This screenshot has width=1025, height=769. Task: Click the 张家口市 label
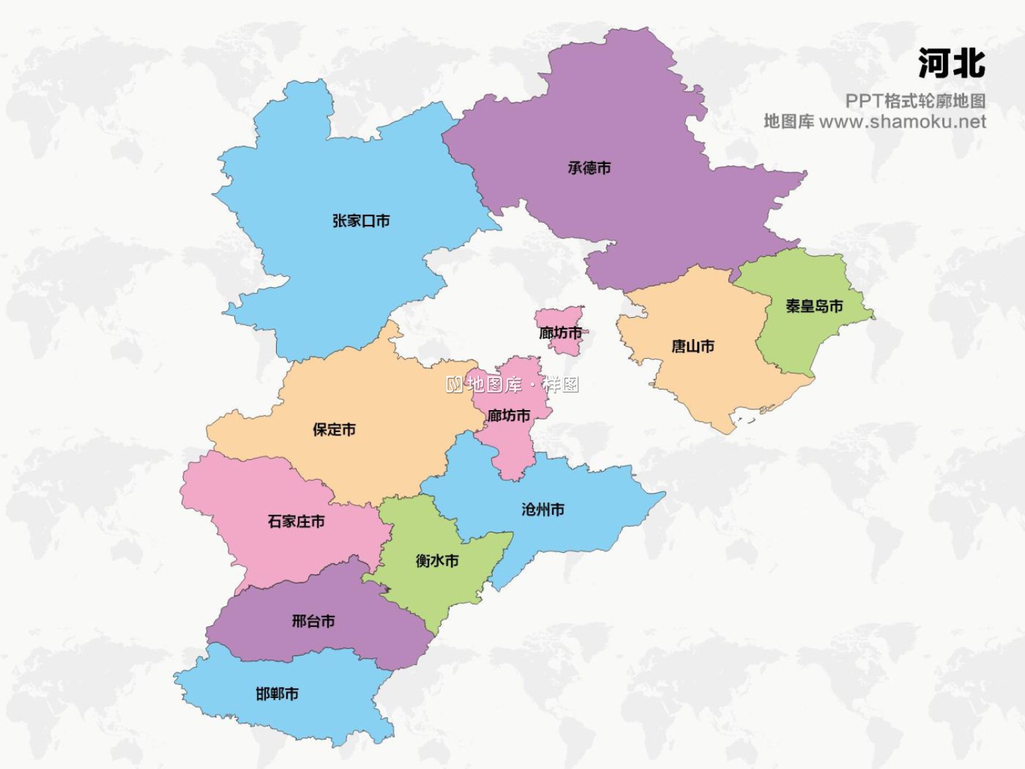pos(361,221)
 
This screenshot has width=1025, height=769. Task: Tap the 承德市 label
pos(589,167)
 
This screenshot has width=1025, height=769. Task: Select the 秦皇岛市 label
pos(814,306)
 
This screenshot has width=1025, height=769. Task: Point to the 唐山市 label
pos(693,347)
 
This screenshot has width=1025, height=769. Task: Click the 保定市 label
pos(334,429)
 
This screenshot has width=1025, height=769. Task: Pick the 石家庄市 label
pos(296,522)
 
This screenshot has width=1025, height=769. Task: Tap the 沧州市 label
pos(543,509)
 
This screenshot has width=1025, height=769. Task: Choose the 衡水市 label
pos(437,561)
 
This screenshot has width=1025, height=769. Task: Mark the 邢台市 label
pos(314,621)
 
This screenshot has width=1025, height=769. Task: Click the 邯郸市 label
pos(277,694)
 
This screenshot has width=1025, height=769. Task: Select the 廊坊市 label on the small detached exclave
pos(560,333)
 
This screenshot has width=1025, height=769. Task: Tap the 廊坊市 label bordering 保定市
pos(509,416)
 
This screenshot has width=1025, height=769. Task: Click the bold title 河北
pos(951,64)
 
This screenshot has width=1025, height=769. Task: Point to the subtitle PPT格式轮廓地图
pos(915,101)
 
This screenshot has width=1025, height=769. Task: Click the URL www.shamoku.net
pos(902,122)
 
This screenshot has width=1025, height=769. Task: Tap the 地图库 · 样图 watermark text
pos(512,385)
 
